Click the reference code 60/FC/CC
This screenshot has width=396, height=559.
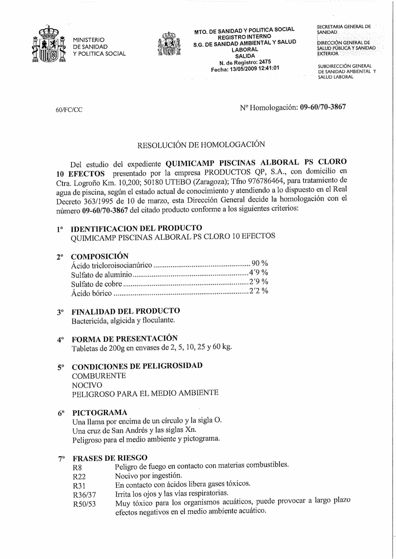click(69, 110)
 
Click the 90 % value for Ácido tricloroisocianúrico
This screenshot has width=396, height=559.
click(260, 263)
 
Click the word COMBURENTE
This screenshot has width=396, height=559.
click(99, 376)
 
